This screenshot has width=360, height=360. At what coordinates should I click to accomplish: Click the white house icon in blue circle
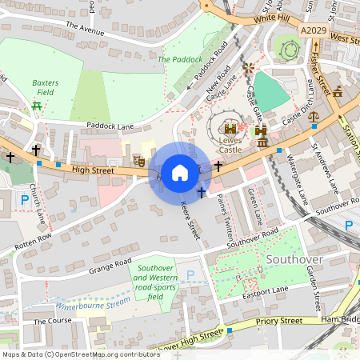(180, 171)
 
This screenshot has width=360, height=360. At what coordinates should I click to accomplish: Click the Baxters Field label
(46, 87)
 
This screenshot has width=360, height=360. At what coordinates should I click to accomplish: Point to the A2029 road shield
(314, 30)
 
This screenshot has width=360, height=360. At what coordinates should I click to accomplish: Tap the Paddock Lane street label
(111, 126)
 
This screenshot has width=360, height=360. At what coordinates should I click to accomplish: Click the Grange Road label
(110, 262)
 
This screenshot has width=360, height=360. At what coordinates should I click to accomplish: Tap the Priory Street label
(279, 321)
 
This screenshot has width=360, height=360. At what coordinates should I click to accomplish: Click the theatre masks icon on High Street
(138, 161)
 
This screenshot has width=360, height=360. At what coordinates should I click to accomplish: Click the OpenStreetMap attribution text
(81, 354)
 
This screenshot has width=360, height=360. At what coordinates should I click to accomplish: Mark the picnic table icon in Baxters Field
(37, 106)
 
